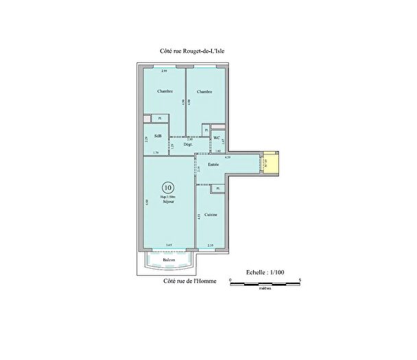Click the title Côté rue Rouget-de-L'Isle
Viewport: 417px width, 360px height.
coord(187,51)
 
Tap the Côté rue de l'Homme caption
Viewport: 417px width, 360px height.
coord(185,281)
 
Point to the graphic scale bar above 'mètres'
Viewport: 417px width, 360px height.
coord(265,282)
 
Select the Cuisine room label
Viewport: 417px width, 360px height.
coord(211,215)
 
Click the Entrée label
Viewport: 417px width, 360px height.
coord(213,165)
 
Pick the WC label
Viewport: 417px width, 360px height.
coord(217,137)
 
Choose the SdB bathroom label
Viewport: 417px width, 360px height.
coord(158,136)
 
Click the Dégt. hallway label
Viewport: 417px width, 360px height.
coord(187,143)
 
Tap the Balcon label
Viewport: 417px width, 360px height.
coord(168,261)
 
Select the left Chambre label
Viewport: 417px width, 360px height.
coord(165,91)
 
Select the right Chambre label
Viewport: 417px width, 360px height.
coord(204,91)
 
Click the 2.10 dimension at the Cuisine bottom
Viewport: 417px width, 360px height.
coord(211,245)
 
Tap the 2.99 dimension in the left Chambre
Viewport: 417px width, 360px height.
coord(164,71)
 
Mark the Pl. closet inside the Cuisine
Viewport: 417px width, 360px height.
coord(217,189)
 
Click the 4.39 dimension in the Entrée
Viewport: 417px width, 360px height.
coord(237,158)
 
